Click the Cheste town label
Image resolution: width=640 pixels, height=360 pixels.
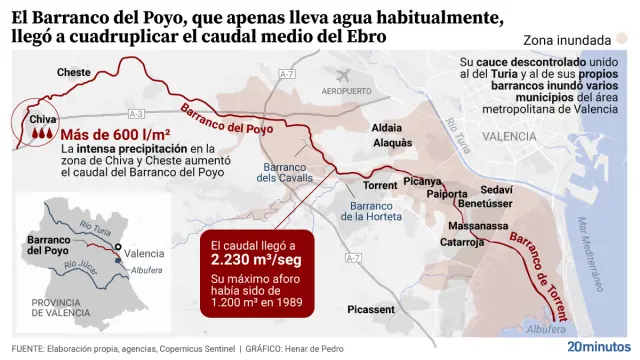coord(74,72)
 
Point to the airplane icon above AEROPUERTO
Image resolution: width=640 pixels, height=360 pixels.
coord(345,76)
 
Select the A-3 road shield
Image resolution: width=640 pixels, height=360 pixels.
coord(137,113)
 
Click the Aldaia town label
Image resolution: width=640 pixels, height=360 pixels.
coord(386,128)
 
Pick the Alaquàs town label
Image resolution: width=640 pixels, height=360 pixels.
coord(391,143)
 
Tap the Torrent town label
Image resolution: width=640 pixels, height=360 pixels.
coord(379,186)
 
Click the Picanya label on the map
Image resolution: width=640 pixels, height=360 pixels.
coord(422,181)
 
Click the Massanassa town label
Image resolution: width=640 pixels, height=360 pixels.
coord(478,226)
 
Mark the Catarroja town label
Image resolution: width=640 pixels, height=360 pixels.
coord(462,242)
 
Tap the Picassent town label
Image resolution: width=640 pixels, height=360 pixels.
coord(371,309)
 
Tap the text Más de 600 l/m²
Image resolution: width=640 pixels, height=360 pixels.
coord(115,135)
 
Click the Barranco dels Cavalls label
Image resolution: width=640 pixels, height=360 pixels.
coord(285,172)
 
